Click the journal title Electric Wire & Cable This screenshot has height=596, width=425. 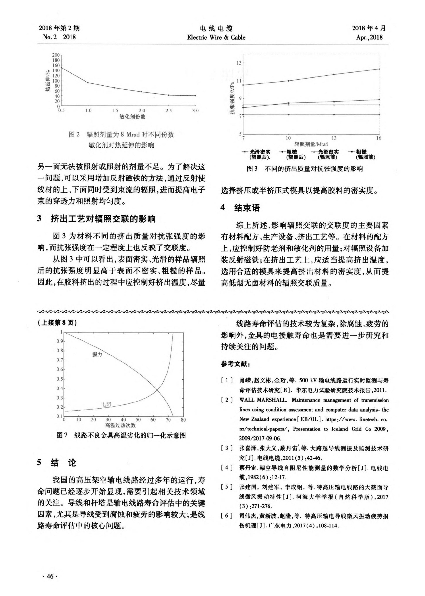click(216, 37)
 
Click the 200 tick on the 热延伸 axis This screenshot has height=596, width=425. click(56, 55)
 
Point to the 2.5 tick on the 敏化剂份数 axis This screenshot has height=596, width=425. click(168, 111)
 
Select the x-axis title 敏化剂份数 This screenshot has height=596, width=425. click(132, 117)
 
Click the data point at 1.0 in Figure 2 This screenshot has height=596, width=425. click(88, 83)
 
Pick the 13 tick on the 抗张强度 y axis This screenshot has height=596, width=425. click(239, 63)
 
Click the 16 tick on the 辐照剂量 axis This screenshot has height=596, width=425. click(379, 138)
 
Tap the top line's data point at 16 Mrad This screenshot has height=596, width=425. click(379, 69)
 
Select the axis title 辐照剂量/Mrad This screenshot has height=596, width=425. click(311, 144)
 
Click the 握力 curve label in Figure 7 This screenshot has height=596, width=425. click(97, 354)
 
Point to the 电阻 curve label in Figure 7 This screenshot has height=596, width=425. click(106, 404)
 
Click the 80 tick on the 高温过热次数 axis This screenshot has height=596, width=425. click(183, 420)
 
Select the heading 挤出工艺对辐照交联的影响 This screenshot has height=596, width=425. click(103, 219)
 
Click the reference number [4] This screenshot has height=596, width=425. click(227, 468)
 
